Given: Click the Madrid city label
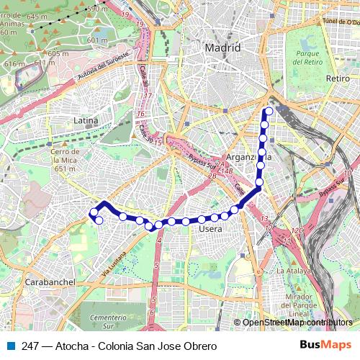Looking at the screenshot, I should point(222,48).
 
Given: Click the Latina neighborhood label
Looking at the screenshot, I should point(86,121).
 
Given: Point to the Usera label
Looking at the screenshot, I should point(210,229).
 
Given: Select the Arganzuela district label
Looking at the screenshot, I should point(248,157).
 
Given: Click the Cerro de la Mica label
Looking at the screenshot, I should point(64,161).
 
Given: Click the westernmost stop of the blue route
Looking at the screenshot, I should point(93,212).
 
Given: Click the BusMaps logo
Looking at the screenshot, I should point(325,346).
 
